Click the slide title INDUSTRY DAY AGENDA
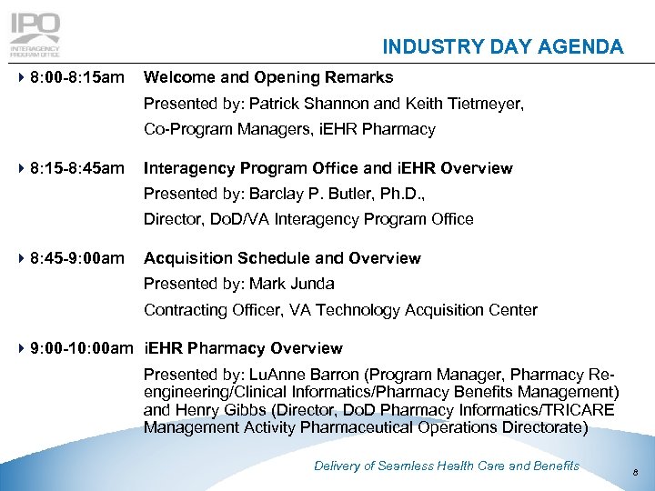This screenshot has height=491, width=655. click(x=502, y=47)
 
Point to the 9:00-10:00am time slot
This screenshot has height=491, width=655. click(x=77, y=348)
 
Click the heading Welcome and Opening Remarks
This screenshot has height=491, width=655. click(x=268, y=77)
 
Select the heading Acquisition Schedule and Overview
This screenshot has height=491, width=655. click(x=282, y=258)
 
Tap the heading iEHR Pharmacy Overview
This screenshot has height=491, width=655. click(x=243, y=348)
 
